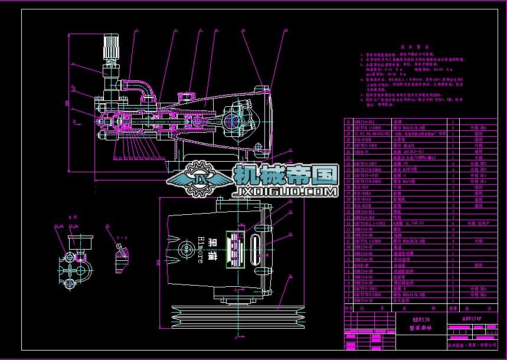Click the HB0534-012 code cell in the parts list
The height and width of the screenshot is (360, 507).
click(x=364, y=122)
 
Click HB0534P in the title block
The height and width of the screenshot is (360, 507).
click(x=472, y=319)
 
